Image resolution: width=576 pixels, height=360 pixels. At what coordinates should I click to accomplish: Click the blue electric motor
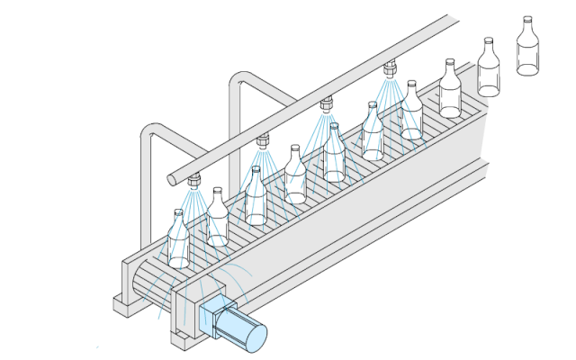coord(232,324)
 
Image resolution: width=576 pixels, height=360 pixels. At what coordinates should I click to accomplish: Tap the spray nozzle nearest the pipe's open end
coord(193,182)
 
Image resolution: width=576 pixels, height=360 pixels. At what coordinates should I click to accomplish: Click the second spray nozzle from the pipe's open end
coord(263,140)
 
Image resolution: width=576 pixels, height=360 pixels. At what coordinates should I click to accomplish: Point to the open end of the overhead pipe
coord(174,180)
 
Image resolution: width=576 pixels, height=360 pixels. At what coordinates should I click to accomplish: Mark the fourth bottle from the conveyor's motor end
coord(295,175)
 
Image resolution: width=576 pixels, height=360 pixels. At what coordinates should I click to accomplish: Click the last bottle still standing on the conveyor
coord(450,90)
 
